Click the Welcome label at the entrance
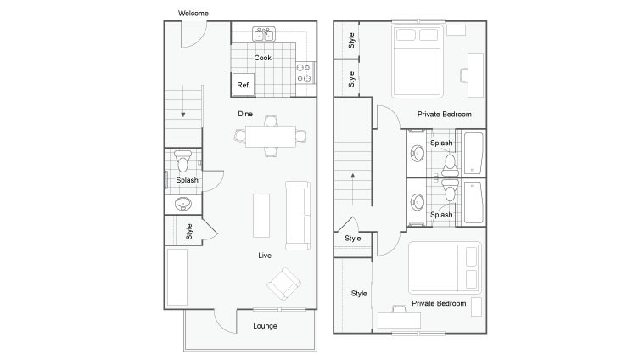(x=193, y=13)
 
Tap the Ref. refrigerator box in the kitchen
(x=244, y=85)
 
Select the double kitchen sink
(x=265, y=35)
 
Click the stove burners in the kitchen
(x=304, y=73)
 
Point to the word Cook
(x=263, y=58)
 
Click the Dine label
(x=245, y=113)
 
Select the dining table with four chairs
(x=271, y=136)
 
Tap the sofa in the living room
(x=296, y=216)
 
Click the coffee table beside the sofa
(x=261, y=216)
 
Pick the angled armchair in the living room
(x=283, y=283)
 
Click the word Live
(x=265, y=255)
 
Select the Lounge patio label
(x=265, y=326)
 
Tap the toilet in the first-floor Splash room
(x=182, y=161)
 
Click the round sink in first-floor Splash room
(x=183, y=204)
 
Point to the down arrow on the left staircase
(x=182, y=113)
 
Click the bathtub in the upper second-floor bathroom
(x=471, y=153)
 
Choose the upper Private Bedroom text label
(x=444, y=114)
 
